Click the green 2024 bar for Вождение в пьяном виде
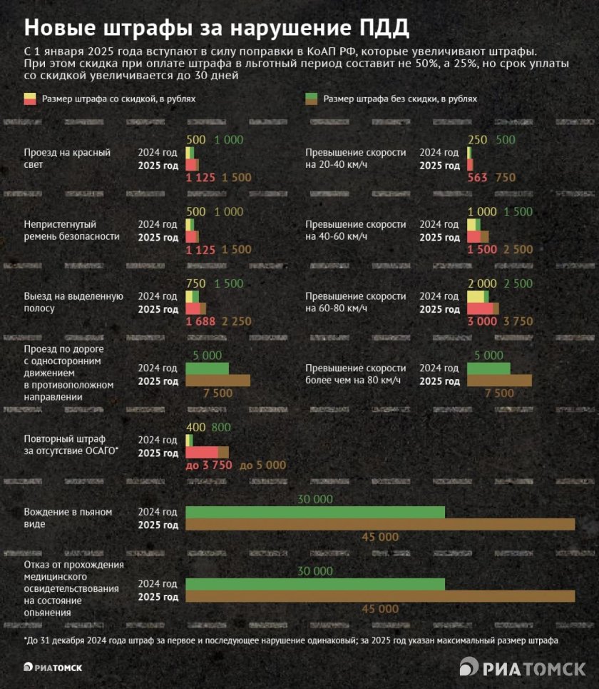314,512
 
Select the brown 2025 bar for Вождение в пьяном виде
379,525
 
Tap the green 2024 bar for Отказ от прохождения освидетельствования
314,584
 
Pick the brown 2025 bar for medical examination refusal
379,597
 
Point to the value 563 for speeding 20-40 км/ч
477,178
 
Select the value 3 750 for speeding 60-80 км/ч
518,321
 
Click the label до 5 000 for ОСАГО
262,465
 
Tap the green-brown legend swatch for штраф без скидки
310,99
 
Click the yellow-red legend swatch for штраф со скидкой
30,99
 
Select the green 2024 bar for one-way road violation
207,368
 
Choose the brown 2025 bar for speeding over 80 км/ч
499,381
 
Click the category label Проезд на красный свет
67,159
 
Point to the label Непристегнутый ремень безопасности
71,230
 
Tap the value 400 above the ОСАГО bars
195,427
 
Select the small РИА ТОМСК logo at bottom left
53,667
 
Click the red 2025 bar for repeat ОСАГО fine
201,452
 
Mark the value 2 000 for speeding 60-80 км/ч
483,283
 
